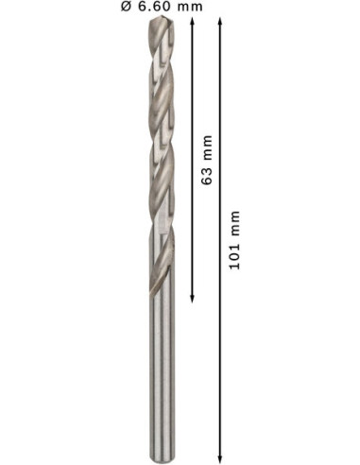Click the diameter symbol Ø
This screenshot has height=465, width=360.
point(126,7)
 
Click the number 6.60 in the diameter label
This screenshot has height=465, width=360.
point(155,7)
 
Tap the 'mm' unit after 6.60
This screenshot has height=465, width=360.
point(190,8)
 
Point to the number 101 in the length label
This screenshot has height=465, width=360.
point(234,257)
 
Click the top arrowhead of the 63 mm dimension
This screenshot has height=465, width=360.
point(192,22)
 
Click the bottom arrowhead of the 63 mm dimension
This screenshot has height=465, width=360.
point(192,299)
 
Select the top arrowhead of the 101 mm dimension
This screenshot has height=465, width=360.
point(220,22)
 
